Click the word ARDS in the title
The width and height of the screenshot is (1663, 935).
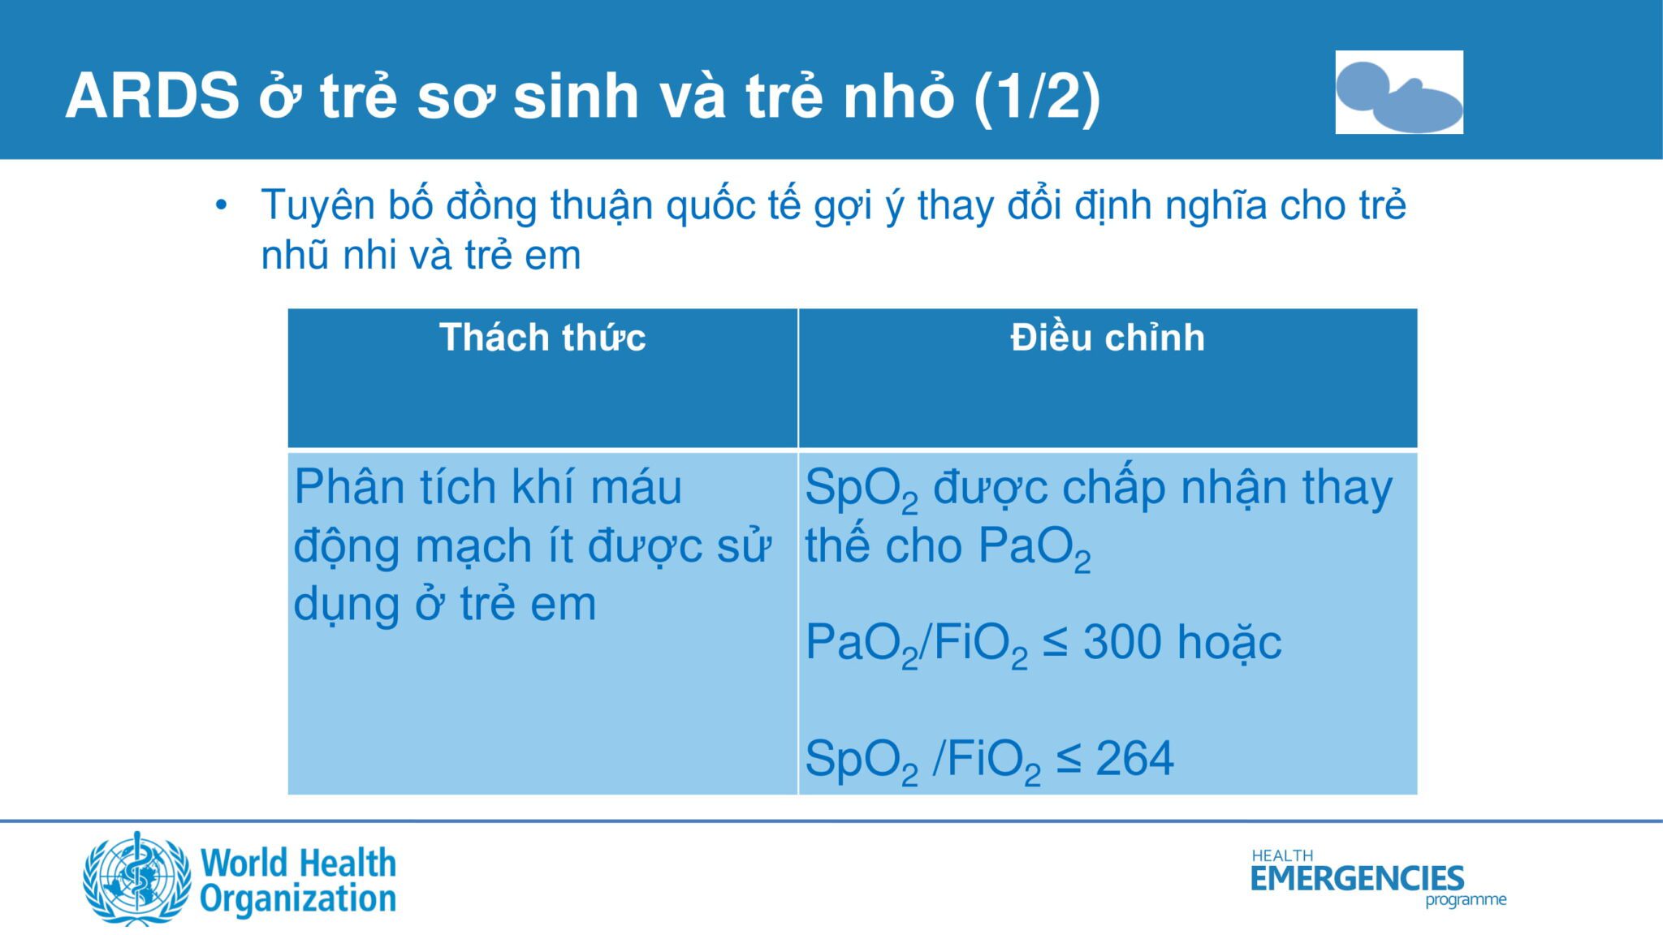pos(152,96)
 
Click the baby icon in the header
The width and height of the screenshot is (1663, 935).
pos(1399,93)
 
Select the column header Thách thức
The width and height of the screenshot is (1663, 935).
pos(542,337)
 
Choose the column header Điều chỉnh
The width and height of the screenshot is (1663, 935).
pos(1108,337)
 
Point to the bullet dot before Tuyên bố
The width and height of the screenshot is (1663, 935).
pos(221,205)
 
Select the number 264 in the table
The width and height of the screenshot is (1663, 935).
pos(1134,759)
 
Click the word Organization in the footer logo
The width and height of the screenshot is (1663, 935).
pos(298,899)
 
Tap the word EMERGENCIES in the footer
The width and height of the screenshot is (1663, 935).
pos(1357,878)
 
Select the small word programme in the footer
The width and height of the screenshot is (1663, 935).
pos(1466,900)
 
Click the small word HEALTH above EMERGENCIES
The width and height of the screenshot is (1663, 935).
pos(1282,855)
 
